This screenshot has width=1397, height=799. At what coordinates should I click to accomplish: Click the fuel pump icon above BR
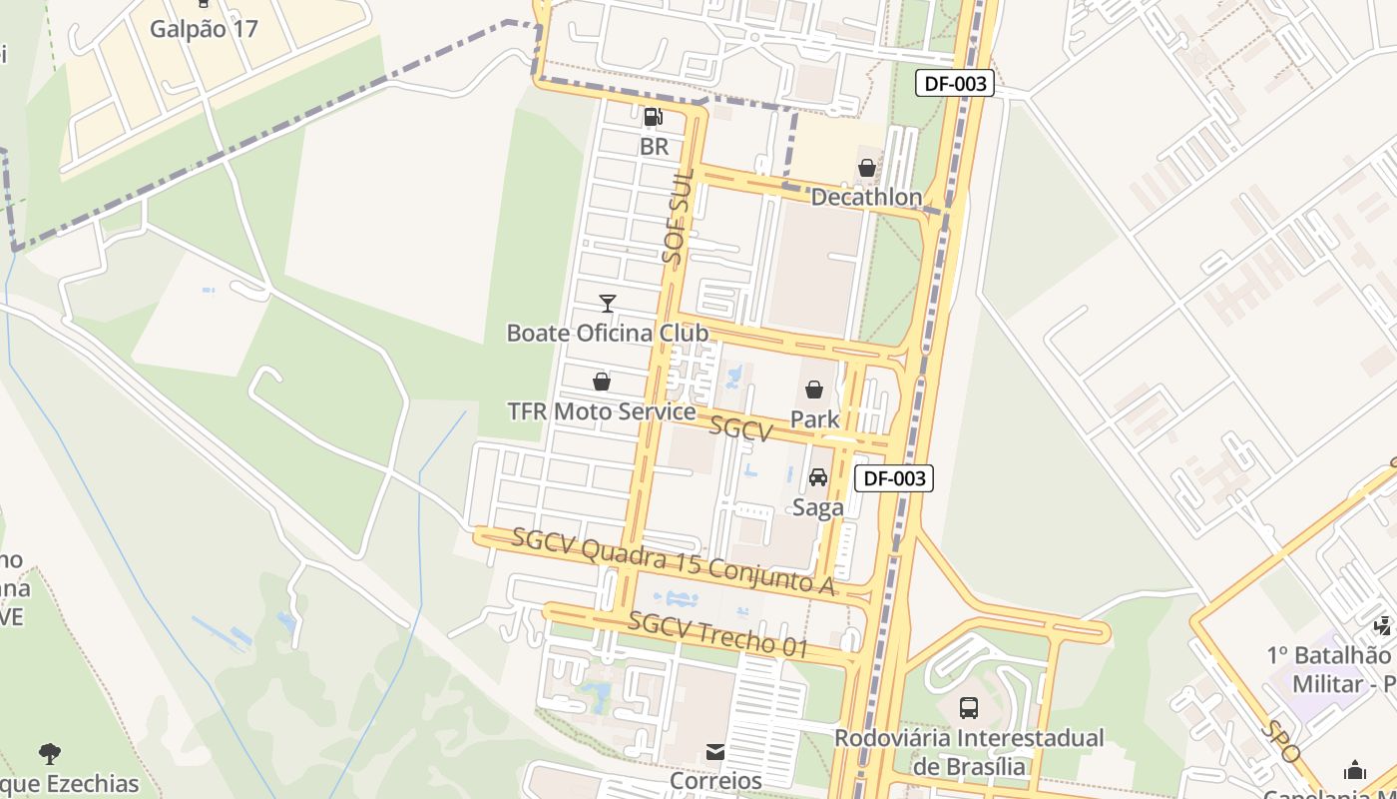tap(654, 117)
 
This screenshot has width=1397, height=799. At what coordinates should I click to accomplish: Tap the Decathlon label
tap(866, 197)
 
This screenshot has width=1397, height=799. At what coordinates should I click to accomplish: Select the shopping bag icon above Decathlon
tap(867, 168)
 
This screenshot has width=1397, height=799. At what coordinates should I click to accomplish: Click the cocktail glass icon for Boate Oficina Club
tap(607, 303)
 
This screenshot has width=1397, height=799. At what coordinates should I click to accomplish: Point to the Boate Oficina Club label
tap(608, 333)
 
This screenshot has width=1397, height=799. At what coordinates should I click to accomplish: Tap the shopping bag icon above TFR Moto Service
tap(602, 382)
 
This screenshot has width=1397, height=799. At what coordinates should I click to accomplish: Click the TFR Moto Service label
tap(602, 411)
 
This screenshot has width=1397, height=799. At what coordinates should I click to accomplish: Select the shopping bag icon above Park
tap(814, 390)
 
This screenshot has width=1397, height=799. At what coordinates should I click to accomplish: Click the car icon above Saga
tap(818, 477)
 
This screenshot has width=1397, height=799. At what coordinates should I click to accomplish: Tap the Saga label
tap(818, 507)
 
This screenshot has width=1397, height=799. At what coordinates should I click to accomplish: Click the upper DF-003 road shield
tap(955, 84)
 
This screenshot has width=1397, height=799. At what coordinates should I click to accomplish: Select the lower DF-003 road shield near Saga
tap(894, 478)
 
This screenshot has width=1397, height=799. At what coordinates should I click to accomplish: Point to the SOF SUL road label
tap(678, 216)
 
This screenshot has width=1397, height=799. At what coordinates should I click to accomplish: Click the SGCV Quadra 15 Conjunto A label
tap(674, 561)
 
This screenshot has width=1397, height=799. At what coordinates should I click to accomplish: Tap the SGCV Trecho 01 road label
tap(718, 634)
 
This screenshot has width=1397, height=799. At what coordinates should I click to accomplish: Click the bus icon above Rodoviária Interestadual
tap(968, 708)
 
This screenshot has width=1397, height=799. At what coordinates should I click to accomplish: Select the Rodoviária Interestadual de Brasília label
tap(969, 752)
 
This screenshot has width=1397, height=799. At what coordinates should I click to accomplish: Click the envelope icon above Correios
tap(715, 752)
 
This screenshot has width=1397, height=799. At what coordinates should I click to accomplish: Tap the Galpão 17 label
tap(204, 28)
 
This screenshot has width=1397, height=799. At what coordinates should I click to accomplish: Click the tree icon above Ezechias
tap(49, 754)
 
